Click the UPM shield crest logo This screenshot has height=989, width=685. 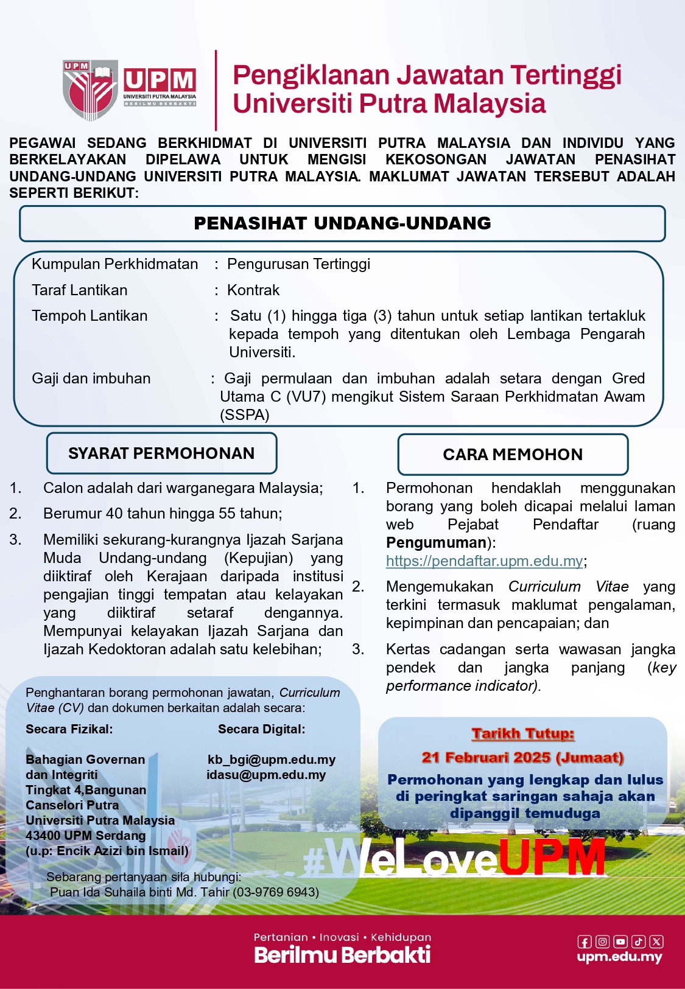pos(90,89)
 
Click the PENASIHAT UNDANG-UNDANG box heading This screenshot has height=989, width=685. pos(342,223)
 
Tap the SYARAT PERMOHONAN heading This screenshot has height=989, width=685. pos(161,453)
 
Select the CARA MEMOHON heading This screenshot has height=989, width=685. pos(513,455)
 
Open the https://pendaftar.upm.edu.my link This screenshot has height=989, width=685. pos(485,561)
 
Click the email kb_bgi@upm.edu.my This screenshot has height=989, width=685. pos(272,760)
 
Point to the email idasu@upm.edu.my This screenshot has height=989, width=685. pos(266,775)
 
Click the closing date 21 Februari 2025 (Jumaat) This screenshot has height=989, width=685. pos(522,758)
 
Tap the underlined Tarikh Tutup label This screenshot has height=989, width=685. pos(523,734)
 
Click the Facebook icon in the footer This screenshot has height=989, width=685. pos(585,942)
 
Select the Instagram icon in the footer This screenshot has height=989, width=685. pos(602,942)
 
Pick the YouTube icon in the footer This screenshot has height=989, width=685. pos(620,942)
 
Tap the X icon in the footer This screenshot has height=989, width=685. pos(656,942)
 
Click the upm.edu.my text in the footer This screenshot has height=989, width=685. pos(619,957)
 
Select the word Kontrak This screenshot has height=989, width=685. pos(253,290)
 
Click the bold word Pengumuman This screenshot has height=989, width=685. pos(437,543)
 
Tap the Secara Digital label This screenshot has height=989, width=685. pos(262,729)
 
